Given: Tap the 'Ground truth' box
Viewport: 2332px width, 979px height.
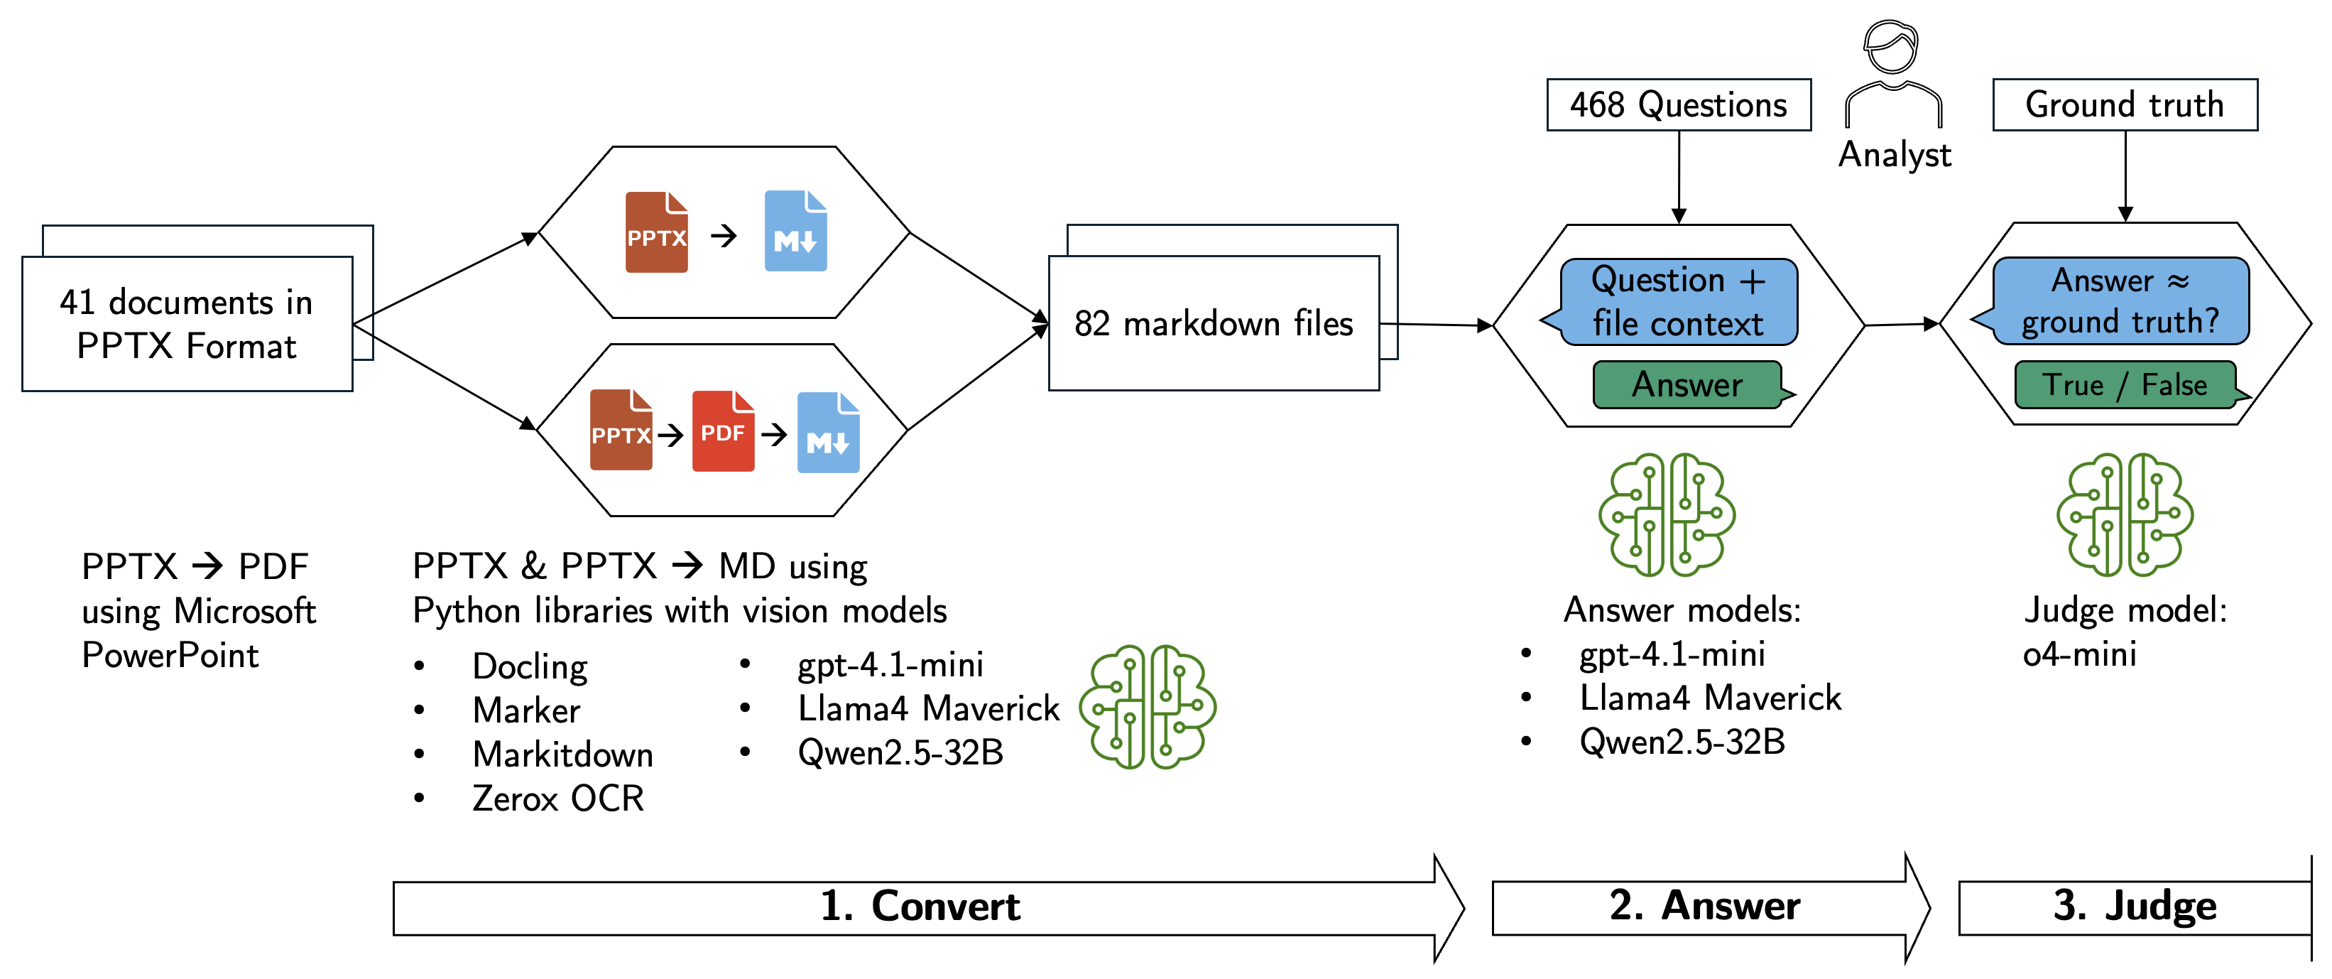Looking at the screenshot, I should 2124,105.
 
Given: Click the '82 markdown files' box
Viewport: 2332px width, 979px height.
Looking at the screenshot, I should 1213,323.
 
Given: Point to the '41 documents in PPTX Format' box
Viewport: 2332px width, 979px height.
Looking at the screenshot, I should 187,323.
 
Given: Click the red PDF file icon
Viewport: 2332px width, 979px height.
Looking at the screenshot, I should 722,431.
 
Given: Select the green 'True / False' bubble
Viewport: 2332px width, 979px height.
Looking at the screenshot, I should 2125,385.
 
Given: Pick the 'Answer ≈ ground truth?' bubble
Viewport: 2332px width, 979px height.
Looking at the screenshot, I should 2120,301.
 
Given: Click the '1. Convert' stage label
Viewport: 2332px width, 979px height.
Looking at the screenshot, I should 919,907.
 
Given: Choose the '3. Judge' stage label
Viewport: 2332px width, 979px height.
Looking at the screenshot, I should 2134,906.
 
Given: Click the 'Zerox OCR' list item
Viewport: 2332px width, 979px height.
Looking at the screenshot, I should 557,799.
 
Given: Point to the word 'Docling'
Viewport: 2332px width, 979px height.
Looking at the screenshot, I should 530,666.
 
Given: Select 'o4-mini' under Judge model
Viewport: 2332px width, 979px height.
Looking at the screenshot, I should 2079,654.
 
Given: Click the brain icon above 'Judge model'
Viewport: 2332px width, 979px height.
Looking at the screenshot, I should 2124,514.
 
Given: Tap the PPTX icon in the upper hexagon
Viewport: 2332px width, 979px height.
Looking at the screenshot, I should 656,233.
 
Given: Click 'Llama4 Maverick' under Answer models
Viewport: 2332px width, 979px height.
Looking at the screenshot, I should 1709,698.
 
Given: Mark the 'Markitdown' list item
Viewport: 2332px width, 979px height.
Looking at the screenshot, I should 562,754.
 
